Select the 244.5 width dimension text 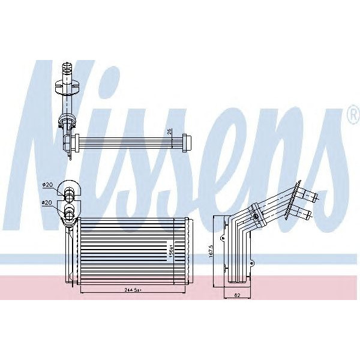pyautogui.click(x=125, y=289)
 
